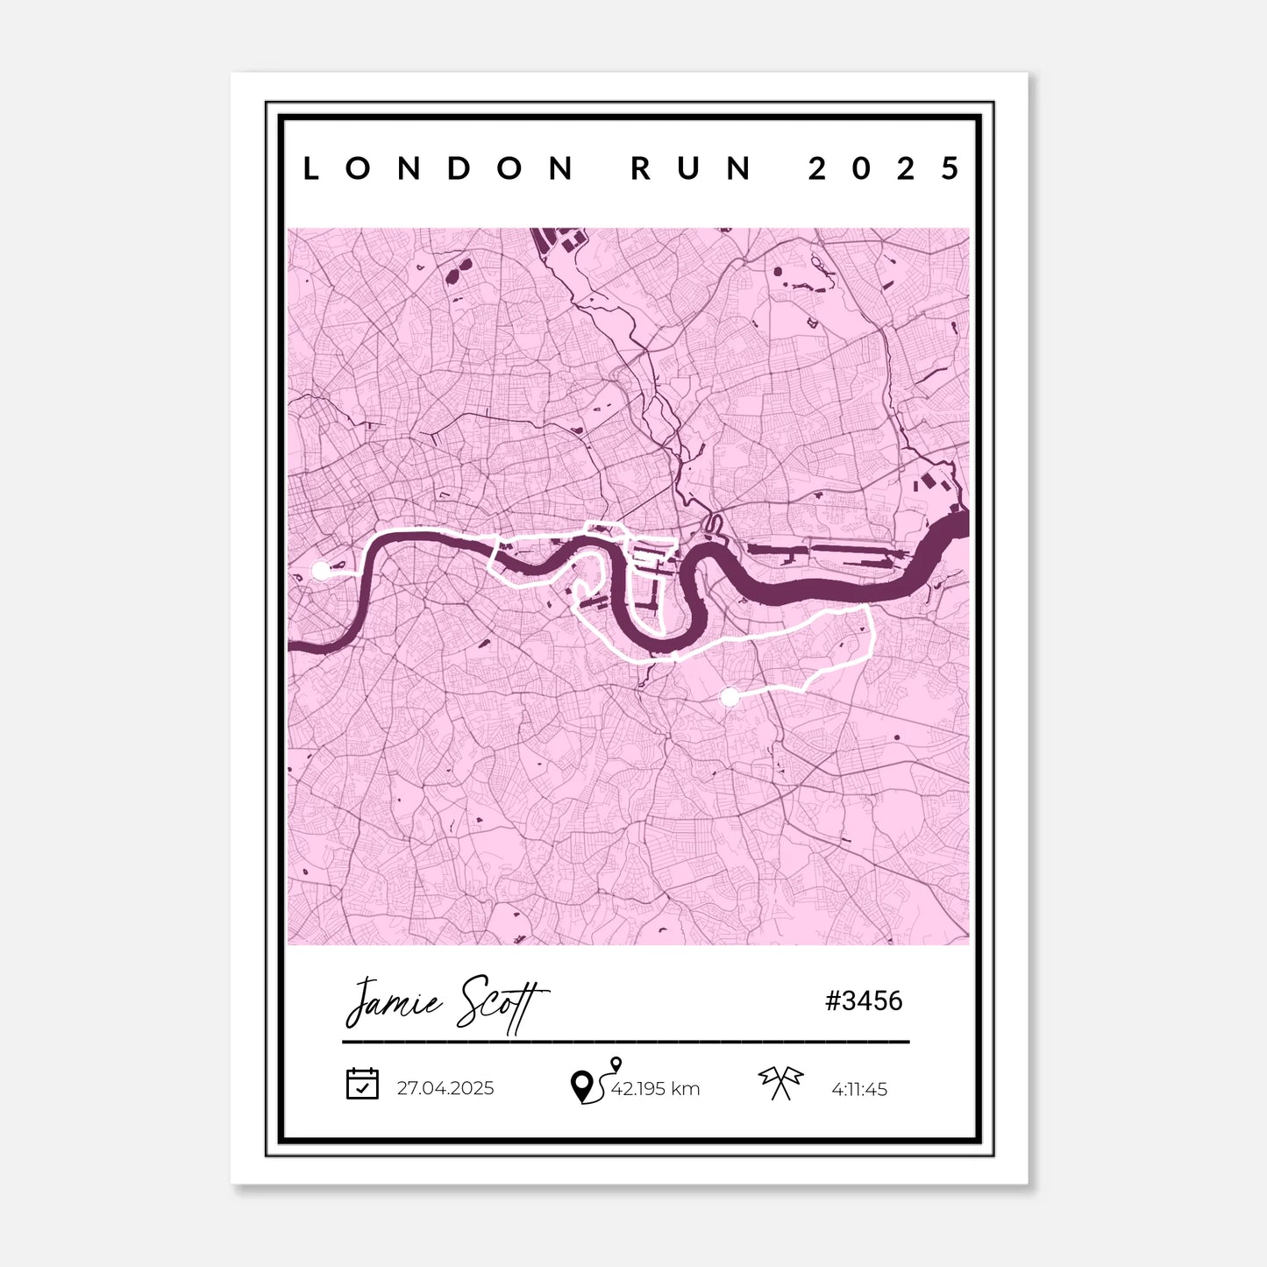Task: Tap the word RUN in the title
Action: point(691,168)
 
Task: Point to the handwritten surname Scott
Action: point(501,1005)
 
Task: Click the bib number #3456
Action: point(864,1000)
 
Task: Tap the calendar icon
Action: point(362,1084)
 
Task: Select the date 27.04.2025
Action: point(445,1088)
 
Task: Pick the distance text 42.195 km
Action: point(655,1089)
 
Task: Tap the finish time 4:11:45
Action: point(859,1089)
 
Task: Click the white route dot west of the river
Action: point(321,571)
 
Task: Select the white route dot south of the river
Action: point(729,697)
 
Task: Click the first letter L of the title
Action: point(310,168)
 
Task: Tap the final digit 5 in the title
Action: point(950,168)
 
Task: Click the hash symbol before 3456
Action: point(833,1000)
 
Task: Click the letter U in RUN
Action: point(691,168)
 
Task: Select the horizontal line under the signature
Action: point(625,1042)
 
